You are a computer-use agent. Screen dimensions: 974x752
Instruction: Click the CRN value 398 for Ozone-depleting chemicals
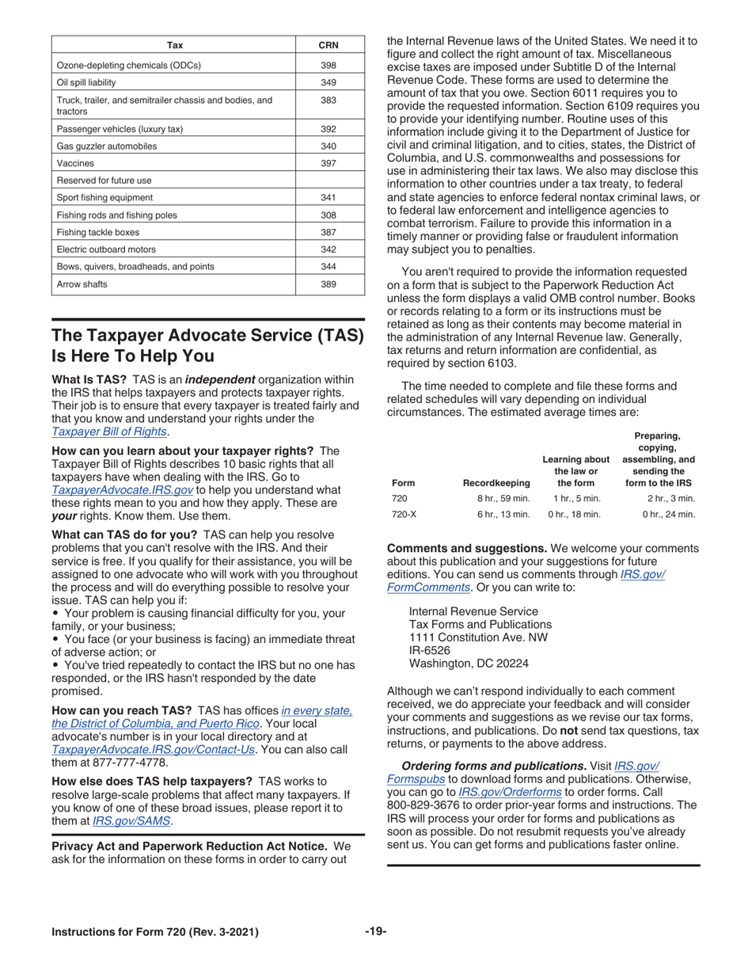pos(329,65)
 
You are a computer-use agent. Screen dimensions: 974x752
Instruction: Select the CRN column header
pos(329,45)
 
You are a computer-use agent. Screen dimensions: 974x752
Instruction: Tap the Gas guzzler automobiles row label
pos(107,146)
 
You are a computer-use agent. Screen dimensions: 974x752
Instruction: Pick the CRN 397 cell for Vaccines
pos(329,163)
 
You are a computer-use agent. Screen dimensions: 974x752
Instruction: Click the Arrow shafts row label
pos(82,283)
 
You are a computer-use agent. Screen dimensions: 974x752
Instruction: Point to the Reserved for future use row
pos(104,181)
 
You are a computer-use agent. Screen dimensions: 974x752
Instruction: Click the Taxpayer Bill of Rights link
pos(109,432)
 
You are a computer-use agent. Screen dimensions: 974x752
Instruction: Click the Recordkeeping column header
pos(496,483)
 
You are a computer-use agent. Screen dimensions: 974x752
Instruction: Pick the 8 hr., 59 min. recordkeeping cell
pos(503,498)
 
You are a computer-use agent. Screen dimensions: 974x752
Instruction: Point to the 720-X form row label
pos(403,514)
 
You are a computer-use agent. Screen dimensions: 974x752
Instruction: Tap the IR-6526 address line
pos(430,650)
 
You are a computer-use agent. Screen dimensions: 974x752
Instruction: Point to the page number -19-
pos(375,931)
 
